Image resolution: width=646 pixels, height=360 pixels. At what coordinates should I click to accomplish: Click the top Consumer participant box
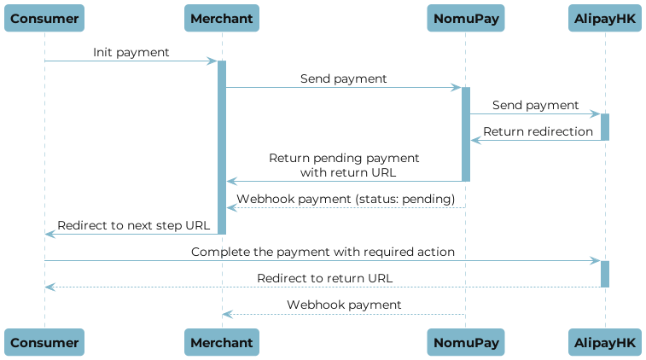44,18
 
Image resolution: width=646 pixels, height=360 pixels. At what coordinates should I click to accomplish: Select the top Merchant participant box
222,18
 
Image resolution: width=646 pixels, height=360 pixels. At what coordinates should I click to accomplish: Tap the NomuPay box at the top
466,18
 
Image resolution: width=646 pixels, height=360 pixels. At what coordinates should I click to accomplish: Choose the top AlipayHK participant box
604,18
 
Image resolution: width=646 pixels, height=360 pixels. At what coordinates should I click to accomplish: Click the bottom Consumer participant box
44,343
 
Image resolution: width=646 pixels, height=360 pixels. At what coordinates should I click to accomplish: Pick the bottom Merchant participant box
222,343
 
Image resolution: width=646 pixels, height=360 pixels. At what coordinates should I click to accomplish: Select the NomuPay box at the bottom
466,343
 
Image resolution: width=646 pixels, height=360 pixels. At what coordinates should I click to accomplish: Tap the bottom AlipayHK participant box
604,343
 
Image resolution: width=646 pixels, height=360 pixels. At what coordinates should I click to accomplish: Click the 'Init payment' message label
131,53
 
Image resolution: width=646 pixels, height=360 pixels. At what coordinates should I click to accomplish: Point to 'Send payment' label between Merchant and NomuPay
343,78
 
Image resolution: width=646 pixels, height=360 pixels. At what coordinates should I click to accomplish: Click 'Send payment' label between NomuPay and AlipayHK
535,105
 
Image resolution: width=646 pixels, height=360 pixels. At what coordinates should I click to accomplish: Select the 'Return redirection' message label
538,131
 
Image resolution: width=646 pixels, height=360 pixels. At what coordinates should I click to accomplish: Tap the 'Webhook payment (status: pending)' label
346,199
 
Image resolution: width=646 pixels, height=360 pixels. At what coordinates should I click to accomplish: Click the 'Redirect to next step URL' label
132,225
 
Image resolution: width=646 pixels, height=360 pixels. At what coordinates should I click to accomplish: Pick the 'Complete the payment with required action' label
323,253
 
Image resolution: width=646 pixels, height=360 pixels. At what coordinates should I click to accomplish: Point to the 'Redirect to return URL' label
325,279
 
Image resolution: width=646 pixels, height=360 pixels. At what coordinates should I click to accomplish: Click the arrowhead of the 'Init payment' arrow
213,61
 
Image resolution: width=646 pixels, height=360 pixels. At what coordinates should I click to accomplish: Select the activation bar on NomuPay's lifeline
466,134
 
